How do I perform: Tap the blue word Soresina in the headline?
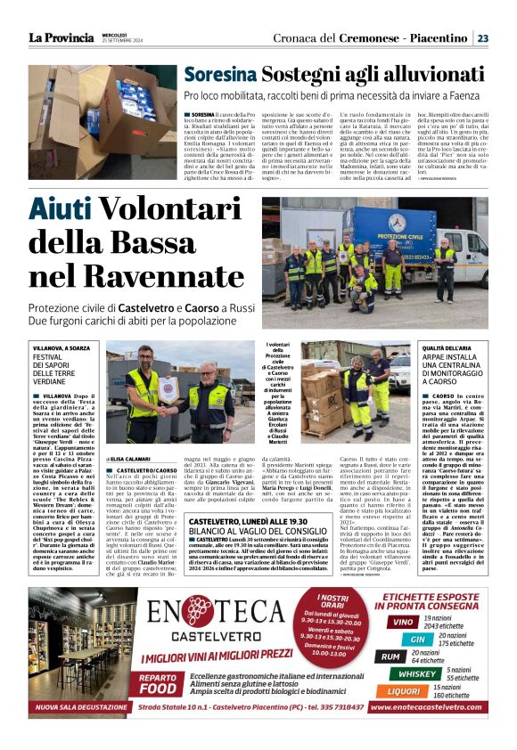click(220, 77)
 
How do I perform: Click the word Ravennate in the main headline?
click(166, 277)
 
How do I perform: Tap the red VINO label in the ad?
click(403, 622)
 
